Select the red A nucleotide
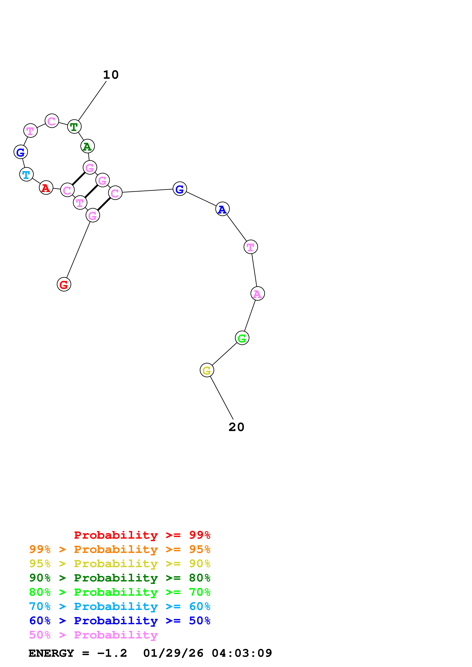pos(46,188)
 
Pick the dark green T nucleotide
pos(74,127)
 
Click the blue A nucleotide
pos(222,209)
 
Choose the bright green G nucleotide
pos(242,338)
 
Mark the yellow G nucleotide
pos(207,370)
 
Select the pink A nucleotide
pos(257,294)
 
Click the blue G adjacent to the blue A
pos(180,189)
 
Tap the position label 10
pos(111,75)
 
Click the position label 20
pos(236,427)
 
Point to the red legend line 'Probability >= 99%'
pos(142,535)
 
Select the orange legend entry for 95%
pos(120,549)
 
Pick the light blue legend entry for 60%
pos(120,606)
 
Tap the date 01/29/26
pos(173,653)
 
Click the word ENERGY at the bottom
pos(51,653)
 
